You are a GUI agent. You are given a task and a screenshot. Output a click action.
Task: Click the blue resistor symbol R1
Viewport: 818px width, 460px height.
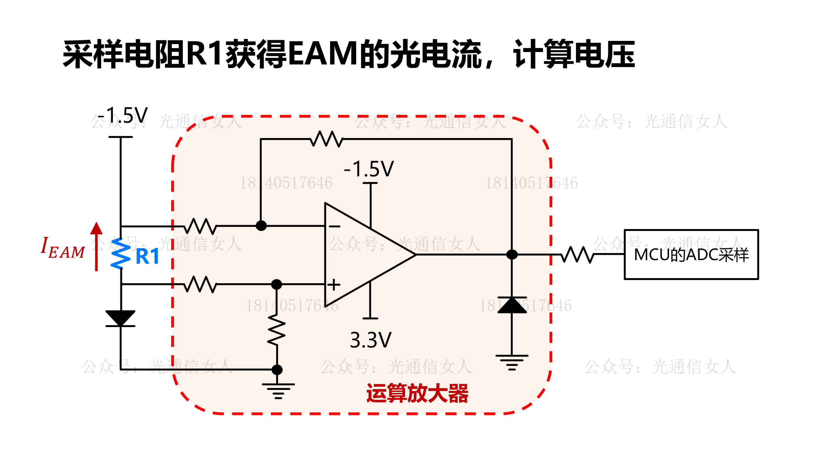pyautogui.click(x=121, y=254)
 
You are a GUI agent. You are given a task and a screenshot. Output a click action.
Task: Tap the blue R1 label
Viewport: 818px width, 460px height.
pyautogui.click(x=147, y=256)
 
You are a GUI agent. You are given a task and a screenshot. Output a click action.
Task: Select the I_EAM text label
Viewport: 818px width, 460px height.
pyautogui.click(x=62, y=248)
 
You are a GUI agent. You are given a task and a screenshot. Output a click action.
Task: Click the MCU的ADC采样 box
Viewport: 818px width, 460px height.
pyautogui.click(x=691, y=255)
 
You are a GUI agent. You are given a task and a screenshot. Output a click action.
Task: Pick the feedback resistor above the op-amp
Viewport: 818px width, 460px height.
pyautogui.click(x=326, y=139)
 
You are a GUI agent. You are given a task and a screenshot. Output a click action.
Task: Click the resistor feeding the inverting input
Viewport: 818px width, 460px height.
pyautogui.click(x=200, y=226)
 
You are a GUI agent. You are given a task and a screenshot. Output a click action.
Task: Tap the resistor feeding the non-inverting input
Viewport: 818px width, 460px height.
pyautogui.click(x=200, y=284)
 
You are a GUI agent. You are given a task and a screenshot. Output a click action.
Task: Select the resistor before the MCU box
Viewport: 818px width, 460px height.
pyautogui.click(x=578, y=255)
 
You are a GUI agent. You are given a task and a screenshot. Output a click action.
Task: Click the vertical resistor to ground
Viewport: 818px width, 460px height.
pyautogui.click(x=277, y=330)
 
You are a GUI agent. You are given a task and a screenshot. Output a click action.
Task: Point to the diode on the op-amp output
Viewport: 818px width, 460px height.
pyautogui.click(x=512, y=305)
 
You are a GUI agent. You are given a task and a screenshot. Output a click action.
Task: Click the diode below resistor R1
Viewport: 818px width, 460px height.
pyautogui.click(x=120, y=318)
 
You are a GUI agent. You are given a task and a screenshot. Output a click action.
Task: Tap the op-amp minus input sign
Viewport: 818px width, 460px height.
pyautogui.click(x=334, y=226)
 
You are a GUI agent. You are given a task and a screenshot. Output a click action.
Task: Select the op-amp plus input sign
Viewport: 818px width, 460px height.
pyautogui.click(x=334, y=284)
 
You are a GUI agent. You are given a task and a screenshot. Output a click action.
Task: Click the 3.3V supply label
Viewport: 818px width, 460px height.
pyautogui.click(x=370, y=340)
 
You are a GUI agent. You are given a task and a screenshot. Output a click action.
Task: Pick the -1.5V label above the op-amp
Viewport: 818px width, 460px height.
pyautogui.click(x=369, y=169)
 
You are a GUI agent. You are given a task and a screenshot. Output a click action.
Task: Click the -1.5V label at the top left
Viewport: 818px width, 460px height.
pyautogui.click(x=123, y=115)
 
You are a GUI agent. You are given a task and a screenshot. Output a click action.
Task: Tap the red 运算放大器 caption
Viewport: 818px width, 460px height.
pyautogui.click(x=417, y=393)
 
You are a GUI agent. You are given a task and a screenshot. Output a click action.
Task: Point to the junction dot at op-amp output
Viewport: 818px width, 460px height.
pyautogui.click(x=512, y=255)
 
